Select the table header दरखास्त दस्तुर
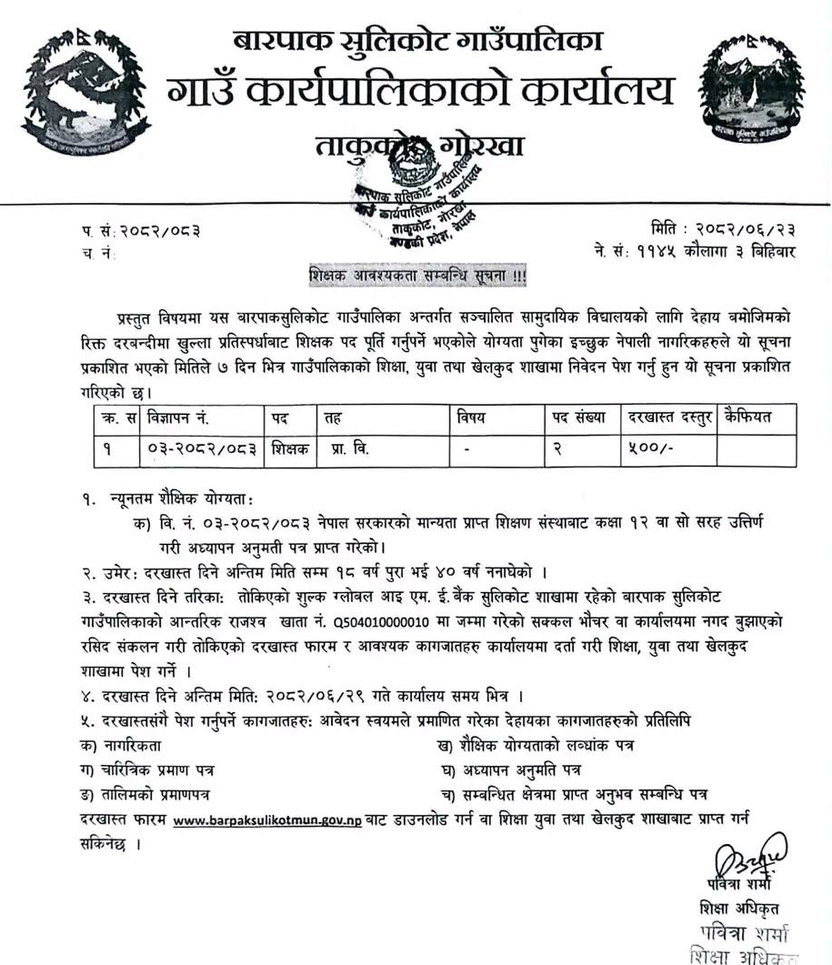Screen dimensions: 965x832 click(671, 417)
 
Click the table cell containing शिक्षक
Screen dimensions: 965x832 click(290, 448)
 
